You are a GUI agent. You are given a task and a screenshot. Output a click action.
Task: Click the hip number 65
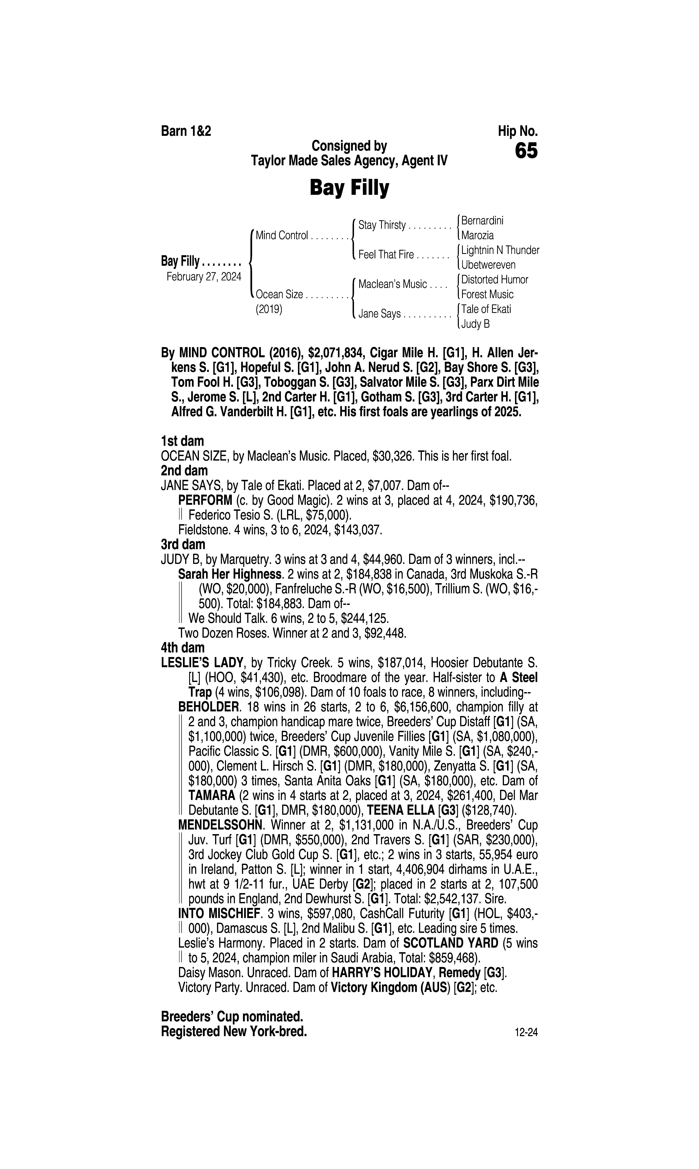point(526,151)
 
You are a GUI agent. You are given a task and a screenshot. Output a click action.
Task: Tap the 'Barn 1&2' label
point(186,131)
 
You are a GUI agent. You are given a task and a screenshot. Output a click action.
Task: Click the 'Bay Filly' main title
point(349,188)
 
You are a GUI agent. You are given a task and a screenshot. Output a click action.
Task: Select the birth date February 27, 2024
point(204,276)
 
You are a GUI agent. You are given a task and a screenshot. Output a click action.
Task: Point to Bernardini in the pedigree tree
point(482,220)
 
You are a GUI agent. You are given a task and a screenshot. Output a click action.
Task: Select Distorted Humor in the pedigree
point(495,280)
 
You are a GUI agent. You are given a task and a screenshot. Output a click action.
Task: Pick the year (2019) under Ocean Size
point(269,310)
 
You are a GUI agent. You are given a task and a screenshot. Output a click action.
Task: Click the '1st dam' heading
point(182,441)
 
